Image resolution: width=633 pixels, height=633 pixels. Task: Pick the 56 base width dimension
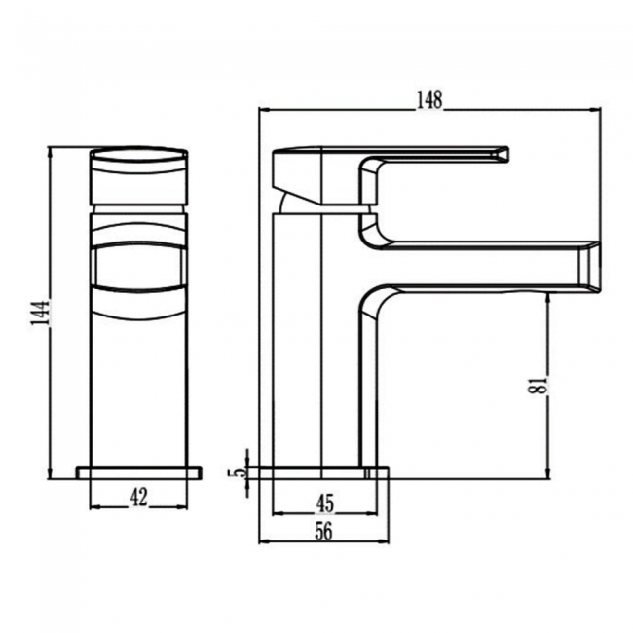point(325,531)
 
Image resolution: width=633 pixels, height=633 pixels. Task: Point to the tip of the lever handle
point(503,151)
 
